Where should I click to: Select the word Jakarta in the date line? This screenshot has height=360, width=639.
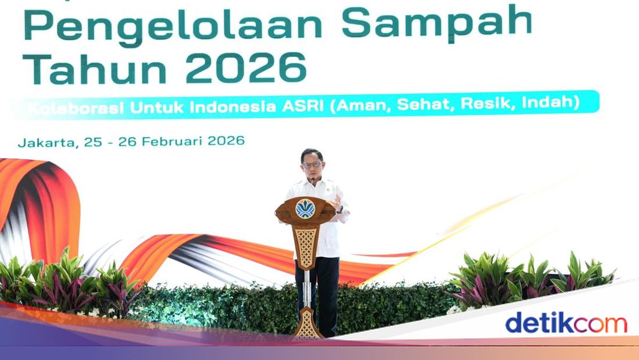[x=47, y=143]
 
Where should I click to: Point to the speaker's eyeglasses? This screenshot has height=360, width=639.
[x=312, y=165]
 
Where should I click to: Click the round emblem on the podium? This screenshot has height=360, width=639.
[x=305, y=208]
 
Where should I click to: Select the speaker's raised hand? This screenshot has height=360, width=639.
[x=337, y=202]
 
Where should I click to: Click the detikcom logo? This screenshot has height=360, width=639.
[x=566, y=323]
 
